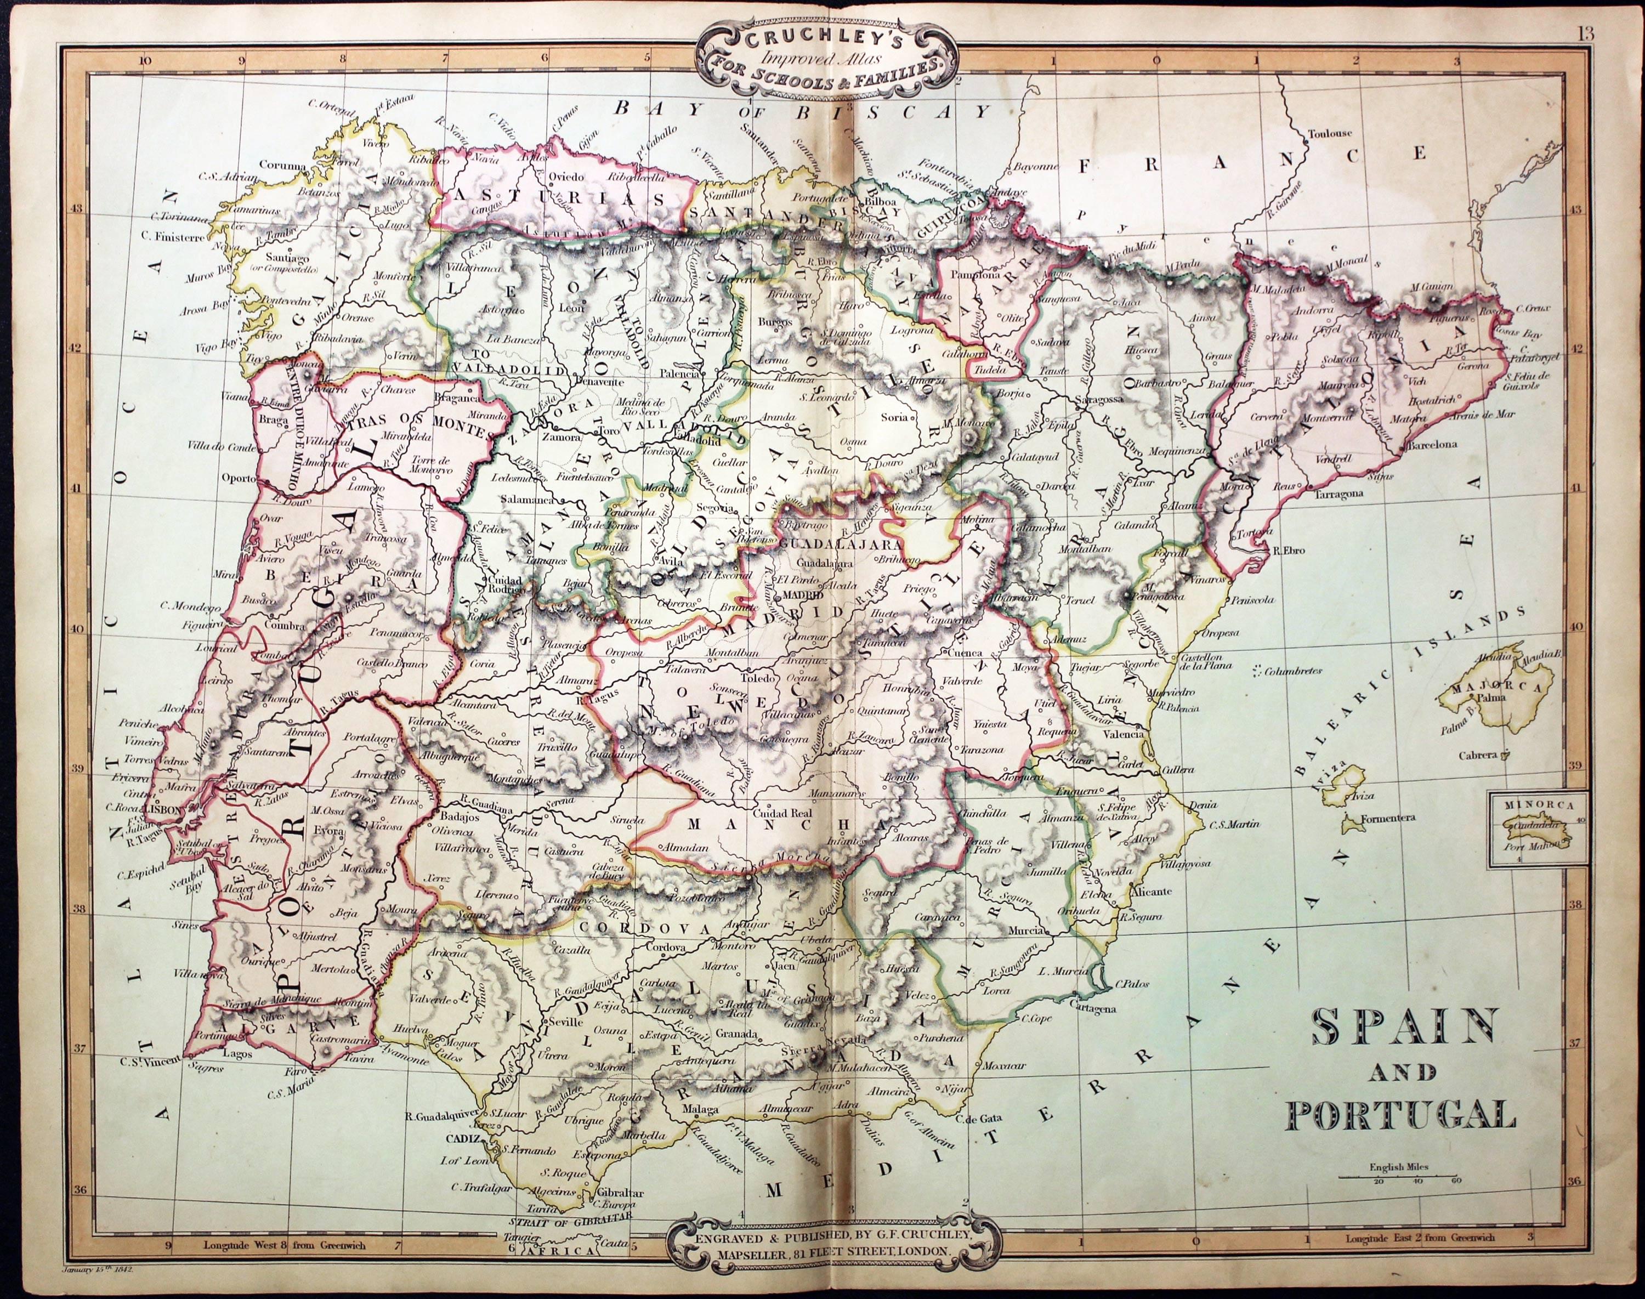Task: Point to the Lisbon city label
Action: [x=160, y=809]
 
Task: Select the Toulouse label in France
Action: [x=1329, y=134]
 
